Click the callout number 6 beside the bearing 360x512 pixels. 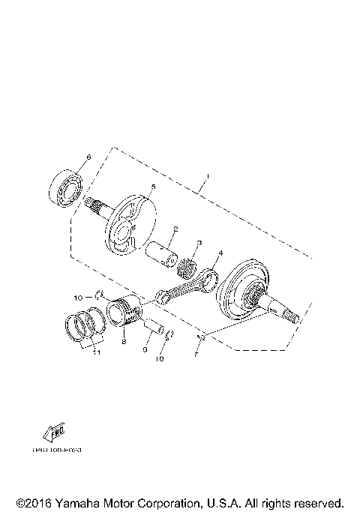pos(88,157)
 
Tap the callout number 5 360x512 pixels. pos(153,187)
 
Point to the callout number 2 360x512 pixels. pos(175,229)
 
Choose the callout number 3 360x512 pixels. pos(199,244)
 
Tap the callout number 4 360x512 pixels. pos(220,255)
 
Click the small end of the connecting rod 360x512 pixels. pos(162,300)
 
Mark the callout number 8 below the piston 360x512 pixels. pos(123,340)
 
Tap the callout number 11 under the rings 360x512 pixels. pos(95,353)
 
